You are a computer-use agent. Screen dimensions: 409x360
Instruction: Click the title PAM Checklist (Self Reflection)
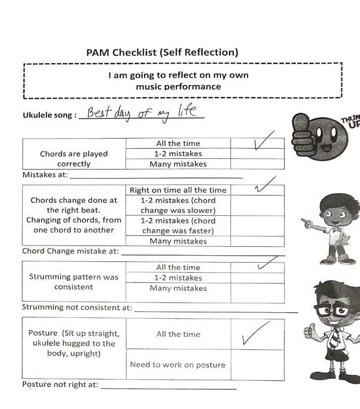[x=162, y=52]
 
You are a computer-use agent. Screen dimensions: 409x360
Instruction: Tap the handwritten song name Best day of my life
[x=141, y=112]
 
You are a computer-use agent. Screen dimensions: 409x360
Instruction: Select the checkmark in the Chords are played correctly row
[x=263, y=141]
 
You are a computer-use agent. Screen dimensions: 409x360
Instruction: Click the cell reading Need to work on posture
[x=177, y=365]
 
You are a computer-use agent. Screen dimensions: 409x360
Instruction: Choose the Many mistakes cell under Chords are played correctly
[x=178, y=164]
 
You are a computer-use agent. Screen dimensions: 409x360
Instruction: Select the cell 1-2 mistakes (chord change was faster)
[x=178, y=225]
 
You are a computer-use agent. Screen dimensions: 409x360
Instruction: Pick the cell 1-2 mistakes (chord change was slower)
[x=178, y=205]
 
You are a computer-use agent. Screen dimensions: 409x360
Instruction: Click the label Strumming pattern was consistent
[x=74, y=282]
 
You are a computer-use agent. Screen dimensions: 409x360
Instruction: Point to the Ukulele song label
[x=50, y=115]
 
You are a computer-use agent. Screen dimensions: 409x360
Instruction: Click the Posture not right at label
[x=60, y=384]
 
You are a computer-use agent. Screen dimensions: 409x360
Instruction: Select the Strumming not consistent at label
[x=77, y=307]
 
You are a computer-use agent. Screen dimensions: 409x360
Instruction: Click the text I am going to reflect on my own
[x=178, y=76]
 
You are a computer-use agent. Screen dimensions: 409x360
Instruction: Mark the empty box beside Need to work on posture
[x=257, y=364]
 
